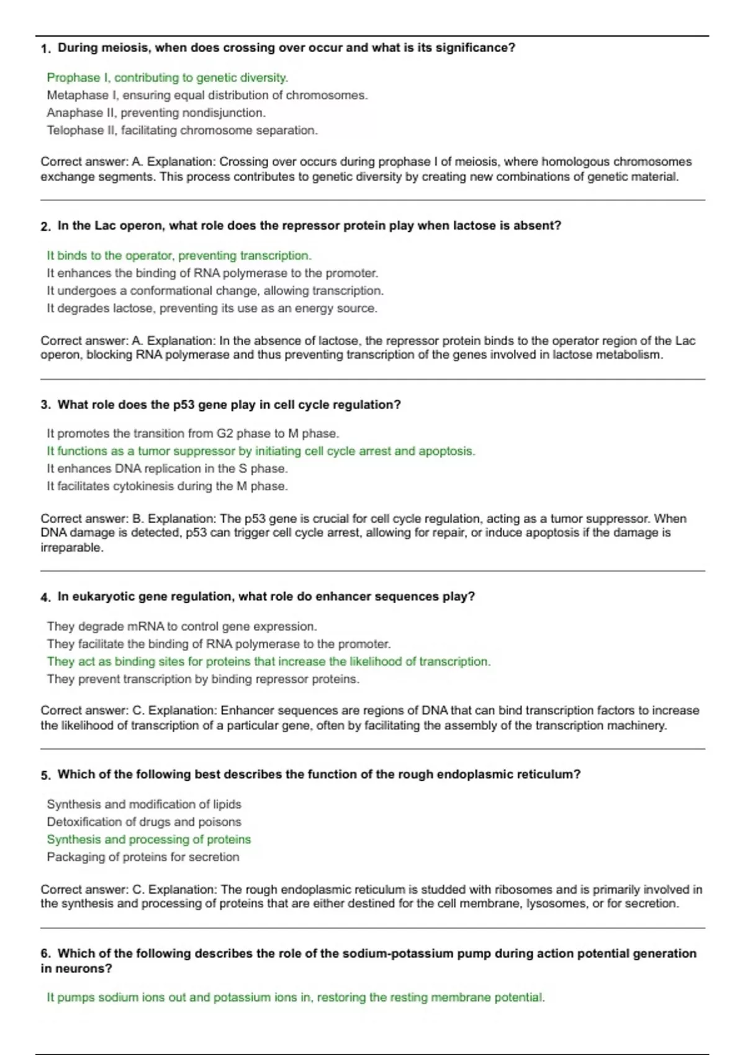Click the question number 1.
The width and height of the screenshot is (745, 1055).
(x=45, y=49)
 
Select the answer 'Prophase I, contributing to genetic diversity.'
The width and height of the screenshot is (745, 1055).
(x=167, y=78)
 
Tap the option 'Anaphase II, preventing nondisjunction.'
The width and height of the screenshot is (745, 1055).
(x=156, y=113)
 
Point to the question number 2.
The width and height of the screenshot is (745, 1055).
(x=45, y=227)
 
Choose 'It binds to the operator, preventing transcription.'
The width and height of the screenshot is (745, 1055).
(x=179, y=256)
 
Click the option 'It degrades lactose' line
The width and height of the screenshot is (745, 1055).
(x=212, y=308)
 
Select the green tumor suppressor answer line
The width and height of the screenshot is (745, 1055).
(x=261, y=451)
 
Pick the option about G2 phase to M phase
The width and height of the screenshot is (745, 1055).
(x=192, y=434)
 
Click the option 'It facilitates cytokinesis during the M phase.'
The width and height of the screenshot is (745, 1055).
(x=167, y=487)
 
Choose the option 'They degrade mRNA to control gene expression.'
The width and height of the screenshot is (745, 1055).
(x=181, y=627)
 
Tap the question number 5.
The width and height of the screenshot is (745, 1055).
(x=45, y=775)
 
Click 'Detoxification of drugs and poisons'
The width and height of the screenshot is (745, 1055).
(x=144, y=822)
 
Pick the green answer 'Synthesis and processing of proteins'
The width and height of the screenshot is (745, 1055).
(x=149, y=840)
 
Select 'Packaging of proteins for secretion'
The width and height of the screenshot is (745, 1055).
(x=143, y=857)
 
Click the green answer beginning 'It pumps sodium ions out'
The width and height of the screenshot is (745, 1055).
(x=296, y=998)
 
